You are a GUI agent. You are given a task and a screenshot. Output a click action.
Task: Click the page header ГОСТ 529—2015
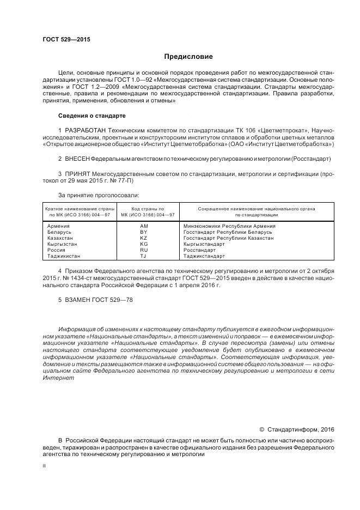(66, 40)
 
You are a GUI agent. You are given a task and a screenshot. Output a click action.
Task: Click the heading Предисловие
(188, 57)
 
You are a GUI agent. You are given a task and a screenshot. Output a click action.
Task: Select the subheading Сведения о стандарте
(91, 116)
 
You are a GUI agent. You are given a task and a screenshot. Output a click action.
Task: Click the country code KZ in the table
(144, 238)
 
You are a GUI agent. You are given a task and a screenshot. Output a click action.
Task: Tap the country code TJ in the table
(144, 256)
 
